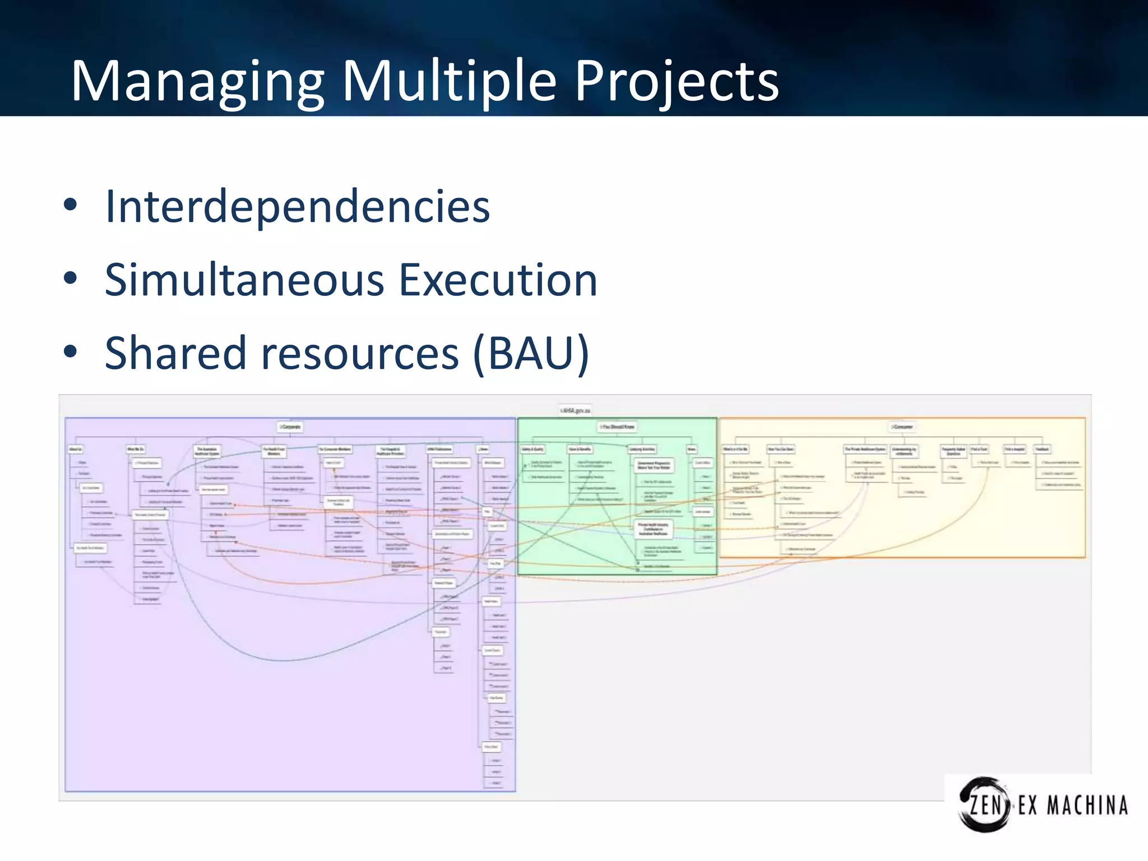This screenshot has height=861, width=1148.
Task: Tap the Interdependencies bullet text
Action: (297, 207)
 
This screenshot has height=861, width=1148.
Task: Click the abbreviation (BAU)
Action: (530, 353)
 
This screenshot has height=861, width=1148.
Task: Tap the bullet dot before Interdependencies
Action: (70, 205)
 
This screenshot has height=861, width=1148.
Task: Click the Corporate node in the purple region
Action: (290, 427)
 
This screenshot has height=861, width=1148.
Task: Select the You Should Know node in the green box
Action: (617, 427)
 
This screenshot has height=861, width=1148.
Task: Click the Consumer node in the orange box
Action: (902, 427)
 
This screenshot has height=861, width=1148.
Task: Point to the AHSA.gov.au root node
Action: (575, 410)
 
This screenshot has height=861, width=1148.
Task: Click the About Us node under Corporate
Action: (75, 450)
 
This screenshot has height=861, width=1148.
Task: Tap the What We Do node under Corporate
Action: (135, 450)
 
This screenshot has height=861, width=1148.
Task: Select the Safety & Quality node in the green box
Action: (533, 450)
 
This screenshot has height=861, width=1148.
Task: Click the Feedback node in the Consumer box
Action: (1042, 450)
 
